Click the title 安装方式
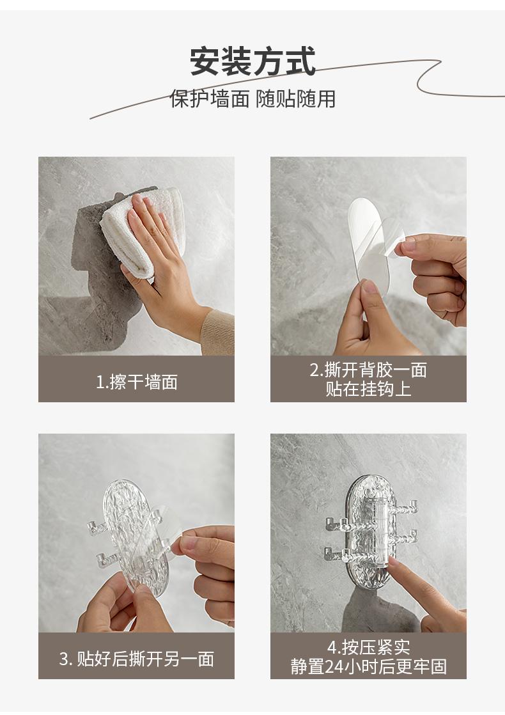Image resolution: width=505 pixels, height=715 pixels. click(x=253, y=61)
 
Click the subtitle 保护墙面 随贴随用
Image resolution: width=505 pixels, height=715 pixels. click(x=253, y=98)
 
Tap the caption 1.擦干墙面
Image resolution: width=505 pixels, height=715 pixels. click(x=137, y=382)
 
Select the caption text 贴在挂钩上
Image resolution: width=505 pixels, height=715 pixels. click(x=368, y=389)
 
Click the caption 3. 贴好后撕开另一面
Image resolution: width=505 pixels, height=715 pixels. click(x=137, y=659)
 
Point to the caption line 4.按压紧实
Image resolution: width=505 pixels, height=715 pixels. click(x=368, y=647)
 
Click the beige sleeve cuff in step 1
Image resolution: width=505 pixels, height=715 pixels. click(x=219, y=332)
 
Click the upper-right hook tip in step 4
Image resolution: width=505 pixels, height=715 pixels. click(x=414, y=505)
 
